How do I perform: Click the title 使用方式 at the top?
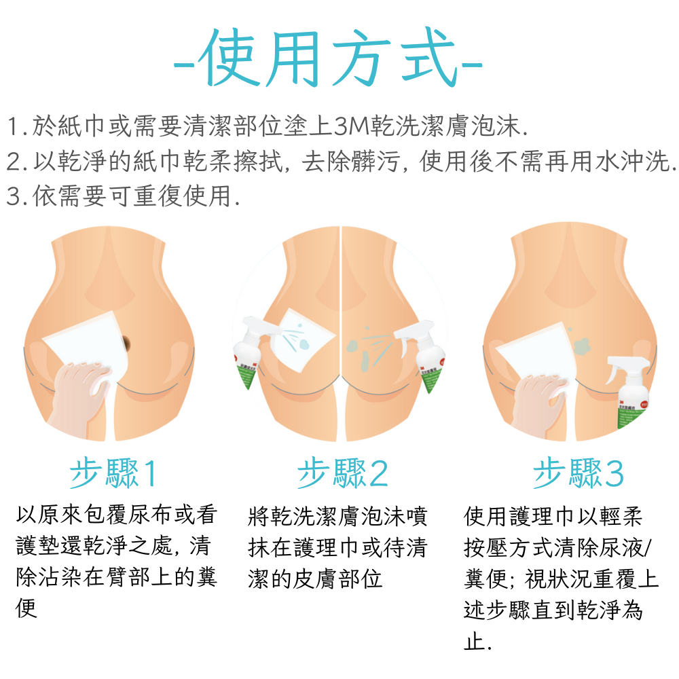(328, 58)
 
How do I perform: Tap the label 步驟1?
(113, 473)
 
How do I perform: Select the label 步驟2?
(342, 473)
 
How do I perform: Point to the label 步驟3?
(578, 473)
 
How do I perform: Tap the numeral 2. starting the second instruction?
(18, 162)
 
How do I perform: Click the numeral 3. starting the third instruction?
(18, 196)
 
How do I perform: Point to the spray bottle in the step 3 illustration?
(630, 390)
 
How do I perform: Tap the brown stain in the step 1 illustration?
(126, 343)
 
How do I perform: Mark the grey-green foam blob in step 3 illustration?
(583, 345)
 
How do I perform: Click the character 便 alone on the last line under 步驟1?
(26, 608)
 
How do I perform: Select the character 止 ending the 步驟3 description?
(473, 641)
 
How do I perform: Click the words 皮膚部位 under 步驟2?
(337, 579)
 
